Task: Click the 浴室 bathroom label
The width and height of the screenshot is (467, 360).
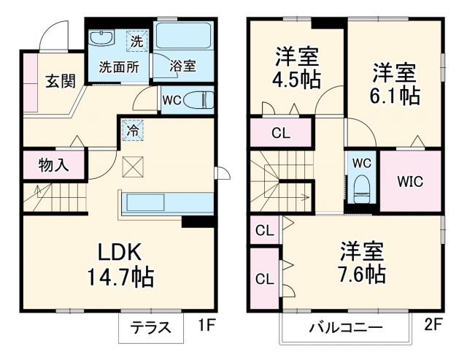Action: tap(182, 66)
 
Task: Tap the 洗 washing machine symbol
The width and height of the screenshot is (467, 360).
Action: tap(136, 41)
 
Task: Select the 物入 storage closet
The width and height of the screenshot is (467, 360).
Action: tap(53, 164)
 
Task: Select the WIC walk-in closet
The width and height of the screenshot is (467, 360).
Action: tap(409, 180)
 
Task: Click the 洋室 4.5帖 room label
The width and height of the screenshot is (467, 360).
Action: tap(296, 67)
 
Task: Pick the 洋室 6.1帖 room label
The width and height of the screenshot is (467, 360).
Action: tap(395, 84)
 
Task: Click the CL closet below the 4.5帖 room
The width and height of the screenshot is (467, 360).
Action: tap(279, 134)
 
